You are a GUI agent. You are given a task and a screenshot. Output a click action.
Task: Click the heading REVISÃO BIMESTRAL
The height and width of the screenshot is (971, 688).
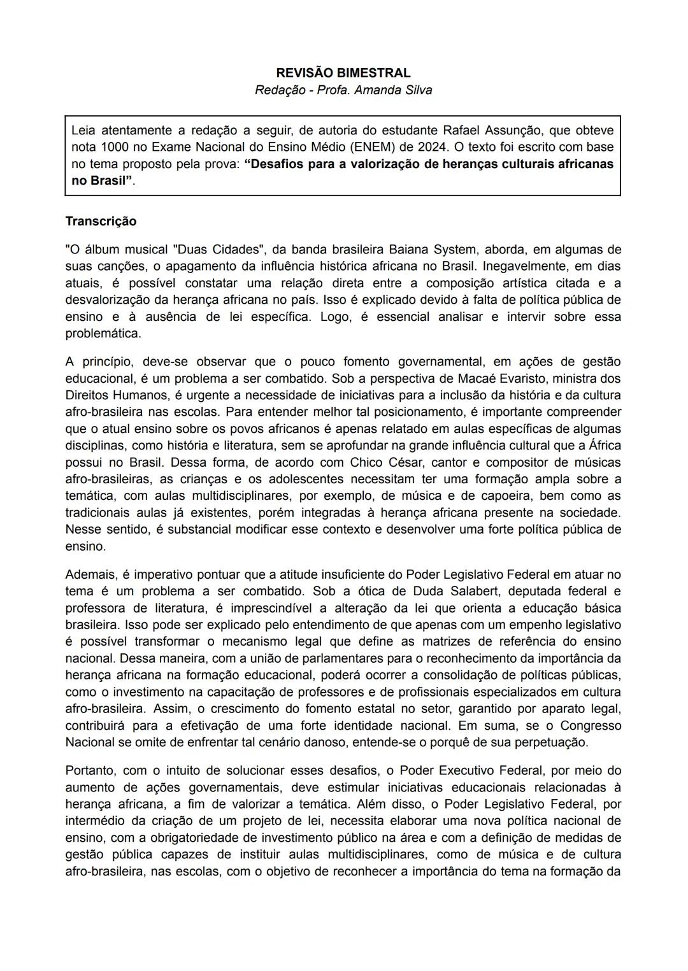click(343, 73)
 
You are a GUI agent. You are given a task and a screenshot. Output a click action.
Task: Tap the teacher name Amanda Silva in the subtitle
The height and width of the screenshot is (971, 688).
click(393, 90)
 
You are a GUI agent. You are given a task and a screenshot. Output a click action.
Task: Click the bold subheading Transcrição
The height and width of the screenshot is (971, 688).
click(101, 222)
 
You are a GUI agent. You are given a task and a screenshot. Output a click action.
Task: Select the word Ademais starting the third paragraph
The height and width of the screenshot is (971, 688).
click(90, 575)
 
